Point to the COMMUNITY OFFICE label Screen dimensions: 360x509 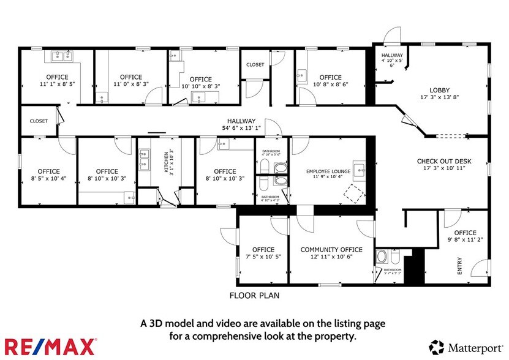click(331, 250)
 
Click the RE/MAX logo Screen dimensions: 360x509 click(50, 346)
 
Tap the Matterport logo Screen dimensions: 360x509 click(468, 347)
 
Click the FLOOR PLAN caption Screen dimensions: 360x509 click(254, 295)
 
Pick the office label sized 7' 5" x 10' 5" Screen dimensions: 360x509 click(263, 250)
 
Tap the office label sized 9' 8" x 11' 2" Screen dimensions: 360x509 click(466, 233)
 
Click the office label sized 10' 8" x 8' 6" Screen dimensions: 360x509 click(330, 78)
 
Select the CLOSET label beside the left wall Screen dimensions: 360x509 click(39, 121)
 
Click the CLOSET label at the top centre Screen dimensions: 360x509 click(255, 65)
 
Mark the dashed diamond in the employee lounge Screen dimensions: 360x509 click(352, 194)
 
